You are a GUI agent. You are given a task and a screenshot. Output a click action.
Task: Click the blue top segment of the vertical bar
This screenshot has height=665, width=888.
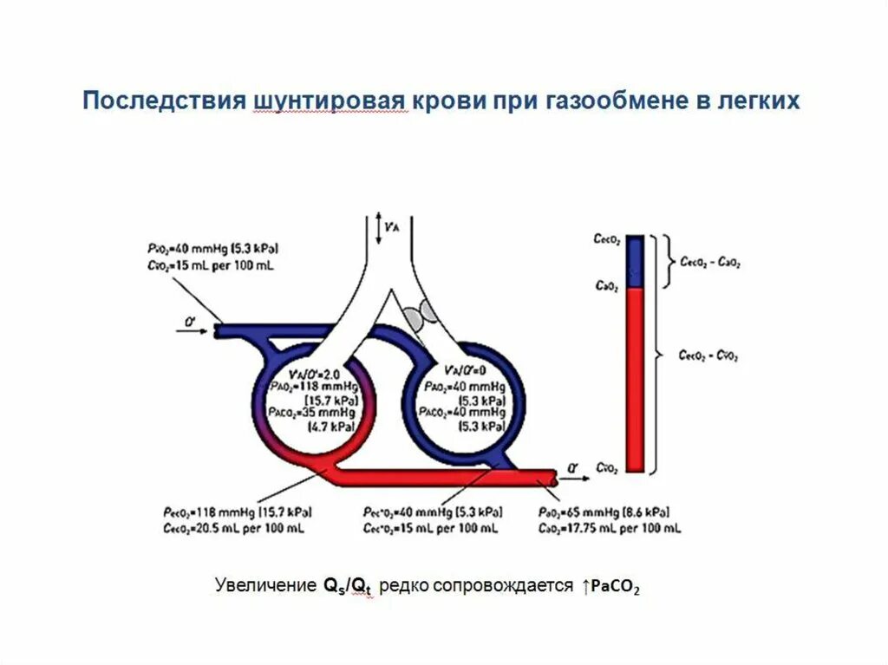point(636,260)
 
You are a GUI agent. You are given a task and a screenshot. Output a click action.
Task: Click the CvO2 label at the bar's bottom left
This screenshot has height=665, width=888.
point(607,468)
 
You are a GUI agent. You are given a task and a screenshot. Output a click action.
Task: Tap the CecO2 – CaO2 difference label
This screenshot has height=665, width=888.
point(710,261)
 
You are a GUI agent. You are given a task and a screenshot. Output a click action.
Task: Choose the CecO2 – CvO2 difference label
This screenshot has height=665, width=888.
point(710,355)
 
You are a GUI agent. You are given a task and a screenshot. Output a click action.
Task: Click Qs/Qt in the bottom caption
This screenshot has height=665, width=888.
point(349,586)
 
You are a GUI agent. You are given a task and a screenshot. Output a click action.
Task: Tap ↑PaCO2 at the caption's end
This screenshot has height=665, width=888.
point(611,587)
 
